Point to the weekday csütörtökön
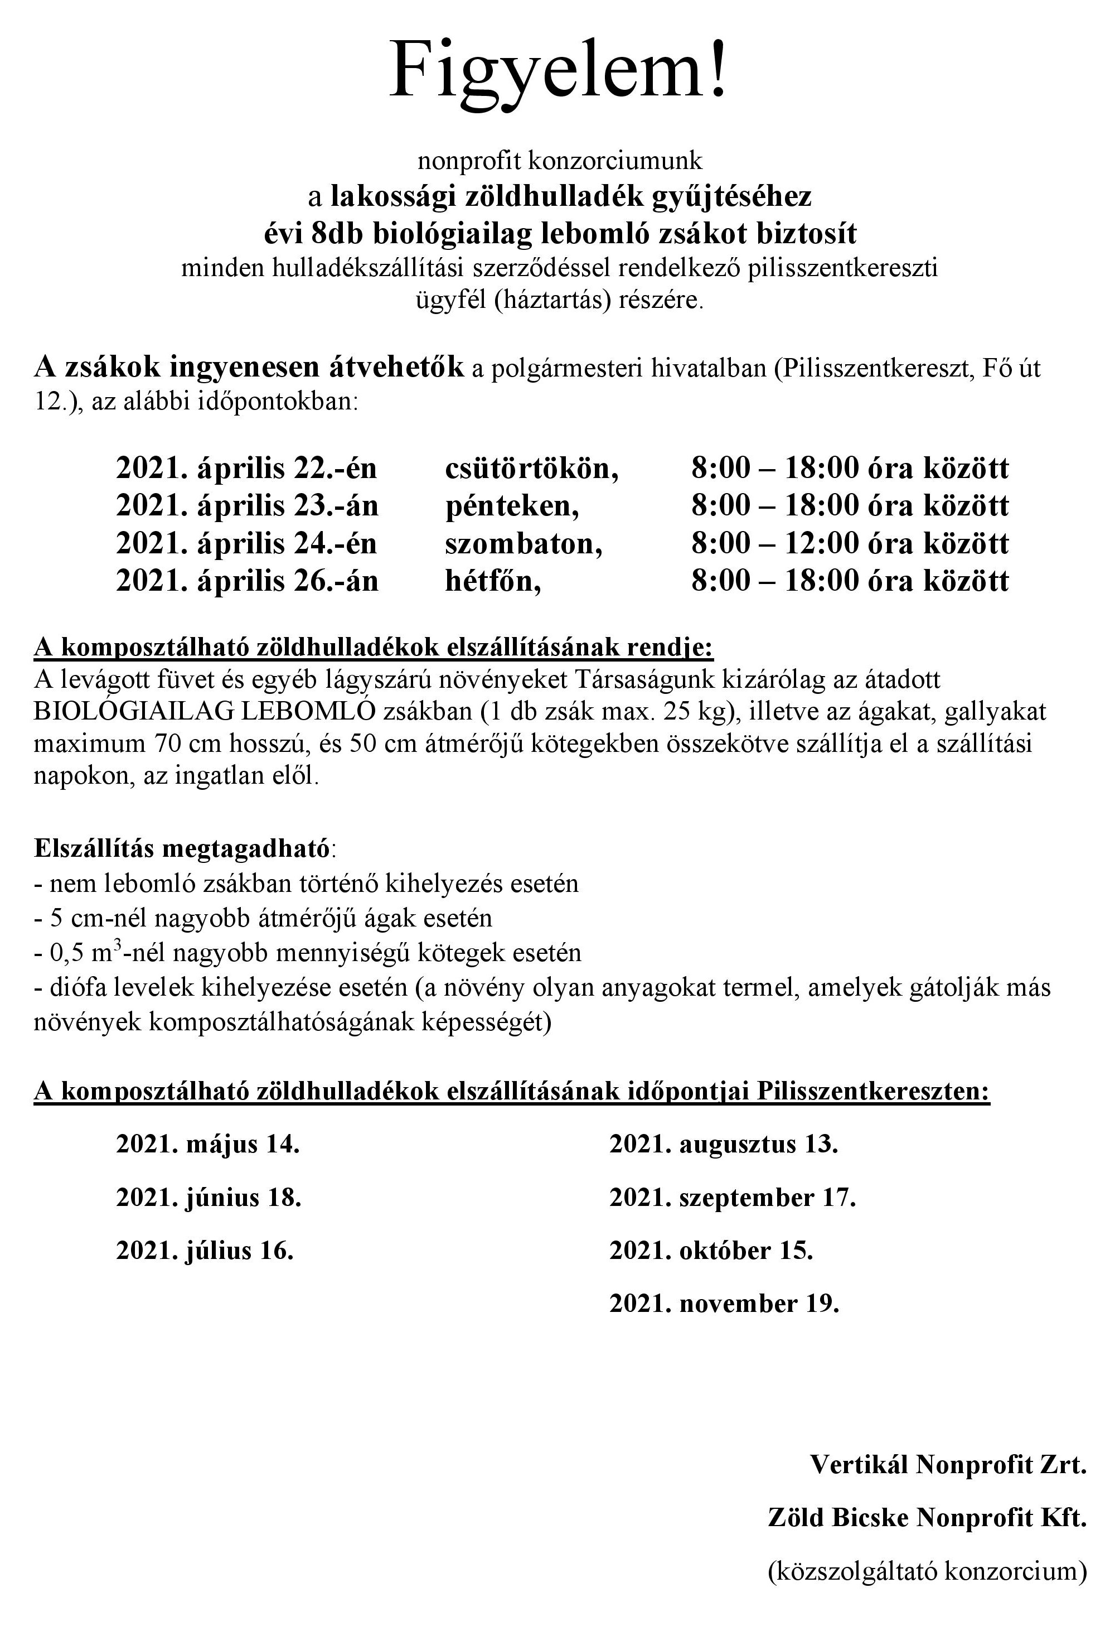coord(532,468)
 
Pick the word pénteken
coord(511,506)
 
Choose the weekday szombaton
coord(524,543)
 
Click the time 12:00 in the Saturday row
coord(818,543)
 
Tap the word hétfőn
coord(492,581)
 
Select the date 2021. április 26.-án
coord(247,581)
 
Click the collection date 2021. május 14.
coord(208,1145)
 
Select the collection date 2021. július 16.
coord(204,1251)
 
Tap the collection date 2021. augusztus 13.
coord(724,1145)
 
